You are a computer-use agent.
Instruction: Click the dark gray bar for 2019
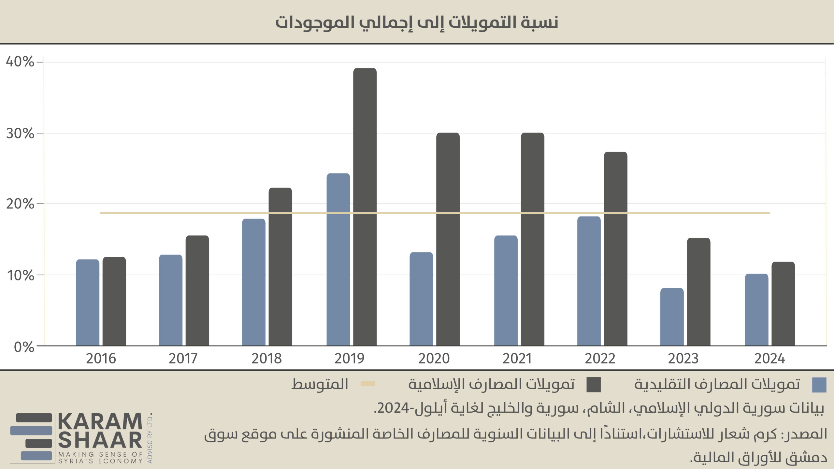(365, 207)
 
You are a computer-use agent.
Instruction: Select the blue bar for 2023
(672, 317)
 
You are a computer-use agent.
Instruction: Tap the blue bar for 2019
(338, 260)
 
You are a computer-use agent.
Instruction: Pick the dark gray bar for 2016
(114, 301)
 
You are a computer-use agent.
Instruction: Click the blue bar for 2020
(421, 299)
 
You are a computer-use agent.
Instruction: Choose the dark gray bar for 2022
(615, 249)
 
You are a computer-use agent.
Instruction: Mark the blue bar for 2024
(756, 310)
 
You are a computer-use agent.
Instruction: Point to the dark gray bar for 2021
(532, 239)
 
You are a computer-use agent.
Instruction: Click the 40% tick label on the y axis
(20, 62)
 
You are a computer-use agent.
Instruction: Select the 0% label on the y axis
(24, 347)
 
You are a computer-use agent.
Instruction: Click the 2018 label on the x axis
(266, 359)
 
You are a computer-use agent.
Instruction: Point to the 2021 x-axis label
(517, 359)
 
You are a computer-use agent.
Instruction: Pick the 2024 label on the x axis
(769, 359)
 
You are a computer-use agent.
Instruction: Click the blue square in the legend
(819, 385)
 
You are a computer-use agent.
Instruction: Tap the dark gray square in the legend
(594, 385)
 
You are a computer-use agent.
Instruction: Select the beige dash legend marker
(368, 384)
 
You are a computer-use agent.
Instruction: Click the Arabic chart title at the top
(417, 22)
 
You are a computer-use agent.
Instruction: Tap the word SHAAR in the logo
(100, 440)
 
